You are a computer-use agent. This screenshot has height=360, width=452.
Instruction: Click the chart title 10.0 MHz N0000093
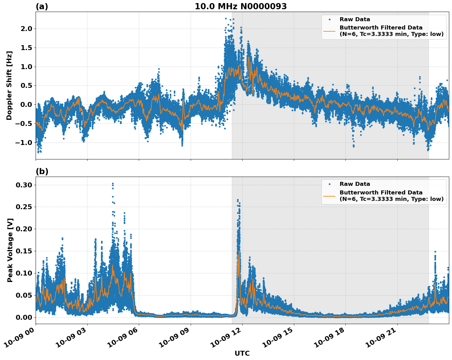(x=241, y=6)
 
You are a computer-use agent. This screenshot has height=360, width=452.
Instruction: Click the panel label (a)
(x=42, y=6)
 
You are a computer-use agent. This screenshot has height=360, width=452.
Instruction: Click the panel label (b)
(x=42, y=171)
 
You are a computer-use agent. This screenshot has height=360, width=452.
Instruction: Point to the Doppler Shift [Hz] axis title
(x=9, y=85)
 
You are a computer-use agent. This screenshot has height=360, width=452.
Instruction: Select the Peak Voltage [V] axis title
(x=10, y=250)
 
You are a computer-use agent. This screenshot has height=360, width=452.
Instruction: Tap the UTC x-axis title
(x=242, y=353)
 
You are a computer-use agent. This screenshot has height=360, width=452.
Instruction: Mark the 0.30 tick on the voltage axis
(x=24, y=185)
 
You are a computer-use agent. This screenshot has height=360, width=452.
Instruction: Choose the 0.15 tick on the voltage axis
(x=24, y=251)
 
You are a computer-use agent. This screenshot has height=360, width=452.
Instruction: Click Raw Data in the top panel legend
(x=355, y=19)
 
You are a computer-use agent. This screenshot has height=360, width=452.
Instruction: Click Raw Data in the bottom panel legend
(x=355, y=184)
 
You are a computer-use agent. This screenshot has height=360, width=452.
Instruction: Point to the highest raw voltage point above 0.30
(x=113, y=184)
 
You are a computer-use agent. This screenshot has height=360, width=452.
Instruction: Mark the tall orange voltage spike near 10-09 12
(x=239, y=252)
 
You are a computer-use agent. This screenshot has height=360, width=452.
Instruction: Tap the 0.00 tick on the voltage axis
(x=24, y=317)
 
